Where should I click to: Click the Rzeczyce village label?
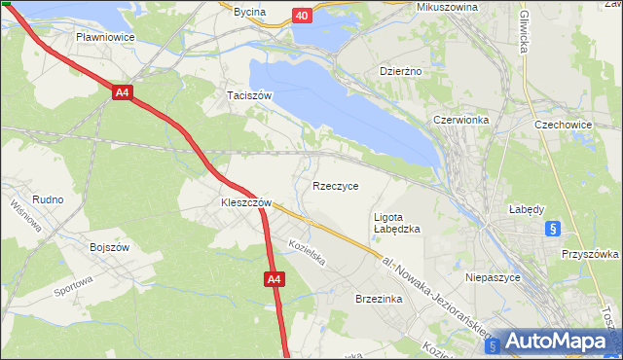335,185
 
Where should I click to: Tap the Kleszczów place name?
238,203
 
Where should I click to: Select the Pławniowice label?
105,37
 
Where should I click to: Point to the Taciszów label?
248,95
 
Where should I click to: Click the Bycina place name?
249,12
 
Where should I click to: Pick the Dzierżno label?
399,71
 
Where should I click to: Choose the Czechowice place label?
565,125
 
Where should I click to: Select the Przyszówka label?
590,253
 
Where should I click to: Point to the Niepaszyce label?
494,276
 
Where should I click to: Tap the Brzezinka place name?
379,300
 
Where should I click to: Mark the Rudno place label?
48,199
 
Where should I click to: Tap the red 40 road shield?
302,16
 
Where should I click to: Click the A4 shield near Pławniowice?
122,93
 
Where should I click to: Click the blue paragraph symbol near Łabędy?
552,229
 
